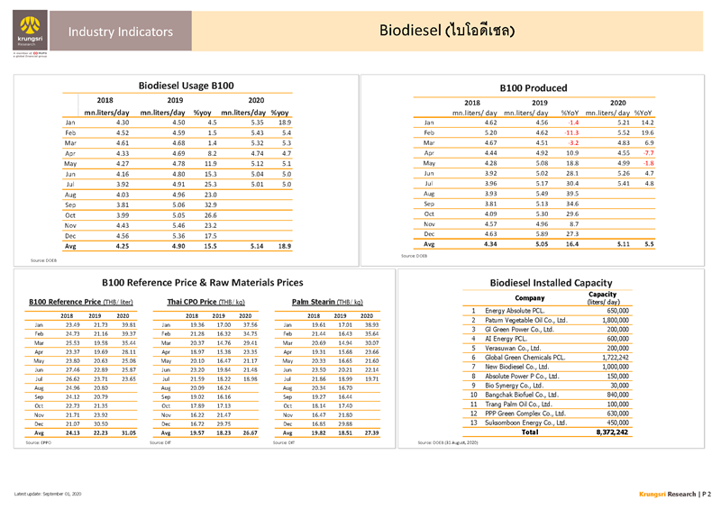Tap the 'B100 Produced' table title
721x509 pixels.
(x=538, y=87)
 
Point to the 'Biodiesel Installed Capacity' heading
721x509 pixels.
(x=539, y=282)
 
